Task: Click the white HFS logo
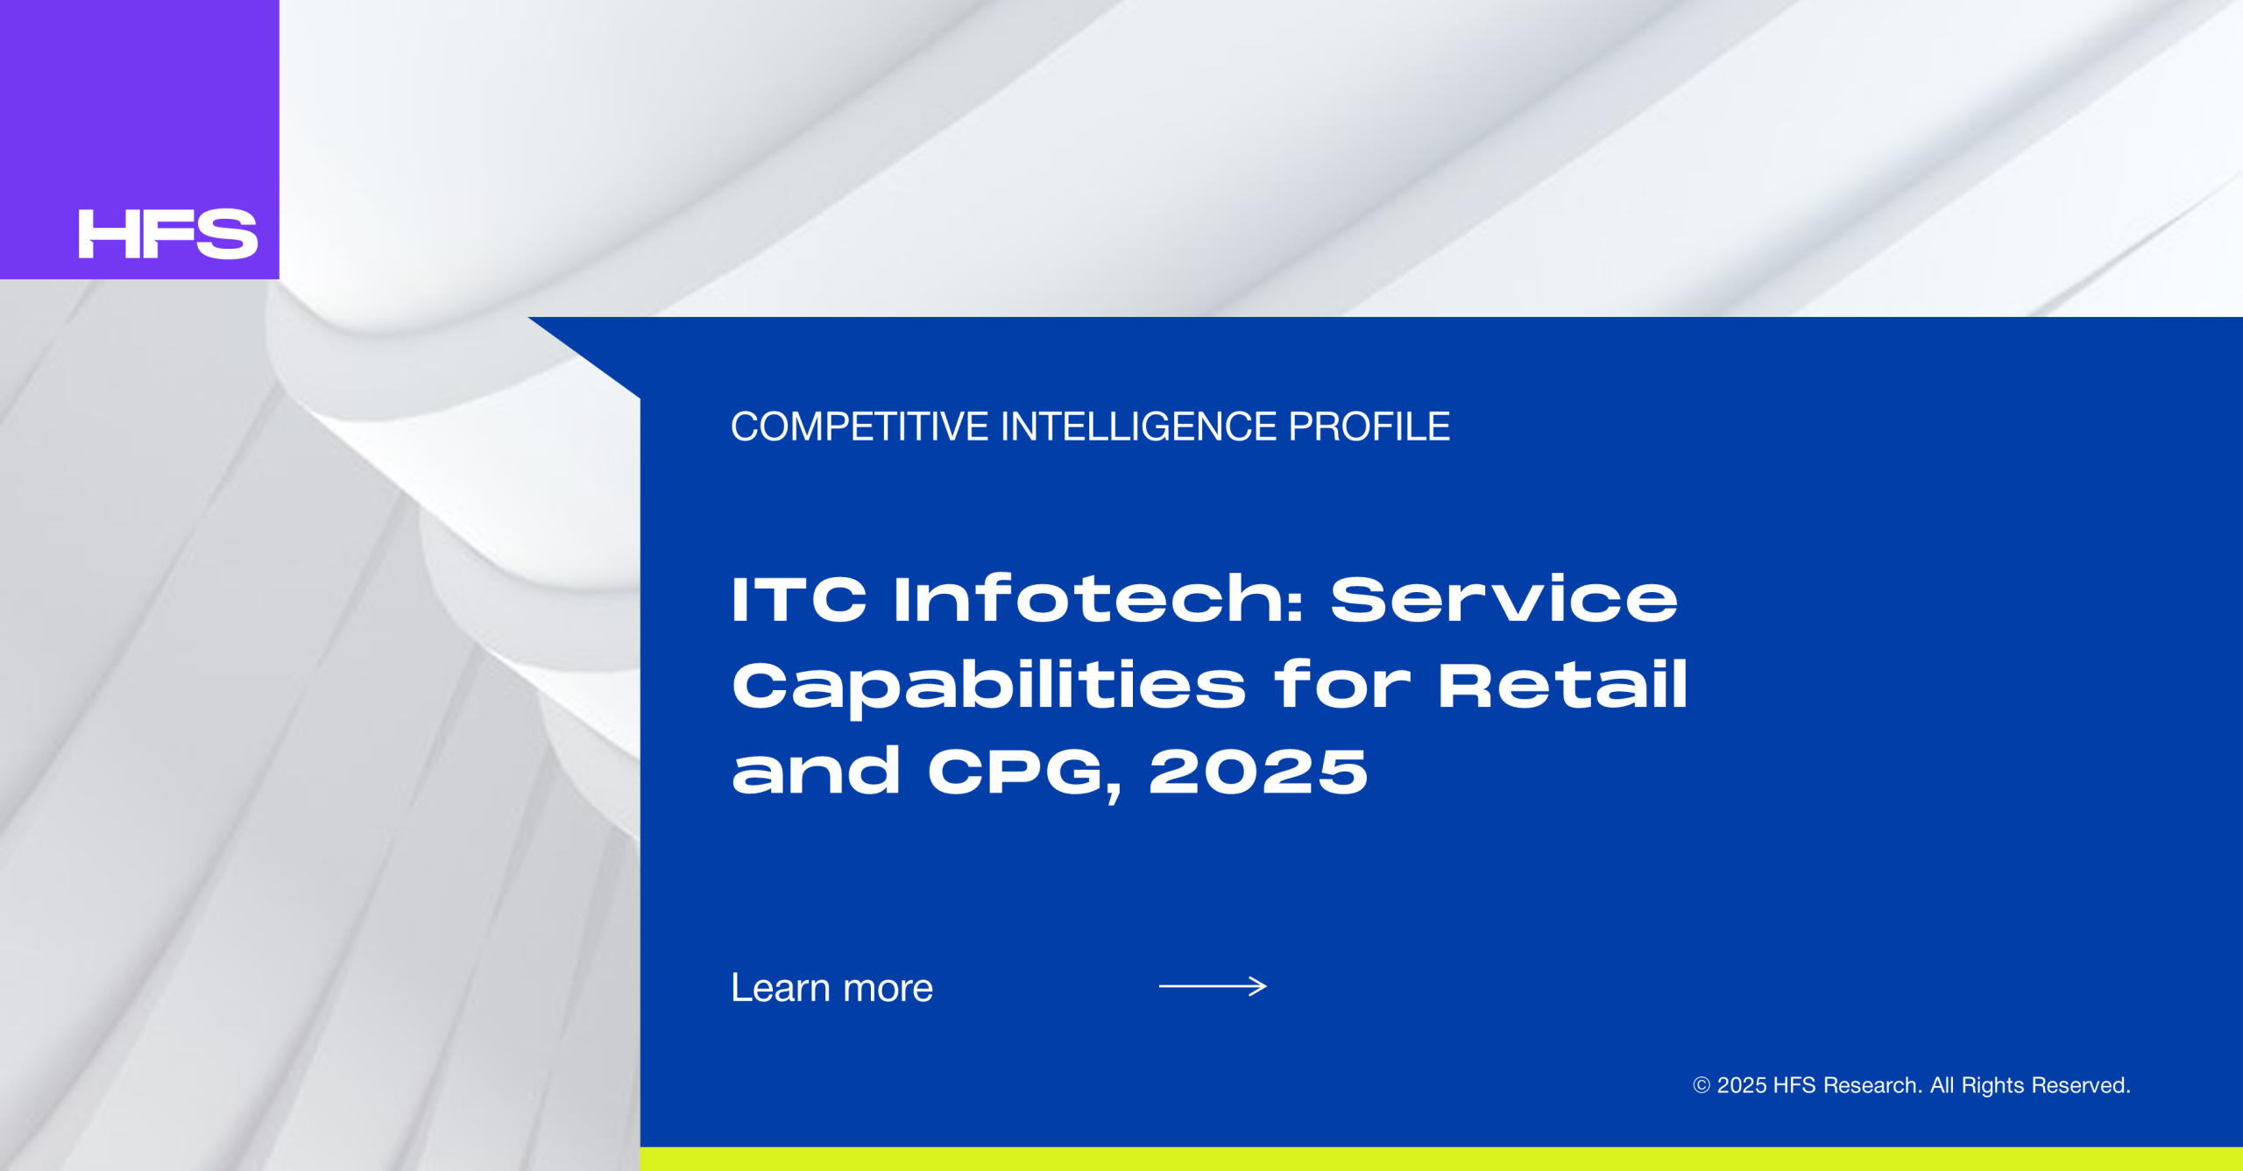pos(168,234)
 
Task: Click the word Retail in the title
pos(1562,684)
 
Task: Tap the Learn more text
pos(832,988)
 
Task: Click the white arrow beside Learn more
pos(1213,986)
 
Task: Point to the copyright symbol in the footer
pos(1702,1085)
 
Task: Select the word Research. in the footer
pos(1872,1086)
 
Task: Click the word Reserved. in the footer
pos(2081,1086)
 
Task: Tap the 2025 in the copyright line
pos(1741,1086)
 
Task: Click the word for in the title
pos(1342,684)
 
